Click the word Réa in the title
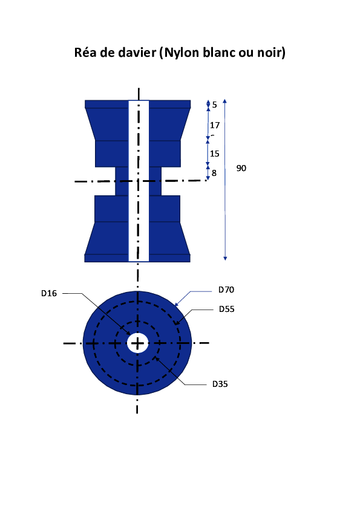point(85,52)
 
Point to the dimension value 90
point(241,168)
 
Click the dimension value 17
point(215,125)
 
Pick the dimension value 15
point(214,154)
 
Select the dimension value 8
point(214,173)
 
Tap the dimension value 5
point(214,105)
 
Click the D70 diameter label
point(226,290)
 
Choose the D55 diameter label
point(226,309)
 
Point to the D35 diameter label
point(220,384)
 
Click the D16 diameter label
point(49,293)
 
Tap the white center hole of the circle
point(137,343)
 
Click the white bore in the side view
point(139,181)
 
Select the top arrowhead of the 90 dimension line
point(224,101)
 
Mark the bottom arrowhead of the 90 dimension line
point(225,258)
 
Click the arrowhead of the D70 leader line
point(177,304)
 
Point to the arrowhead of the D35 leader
point(156,358)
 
